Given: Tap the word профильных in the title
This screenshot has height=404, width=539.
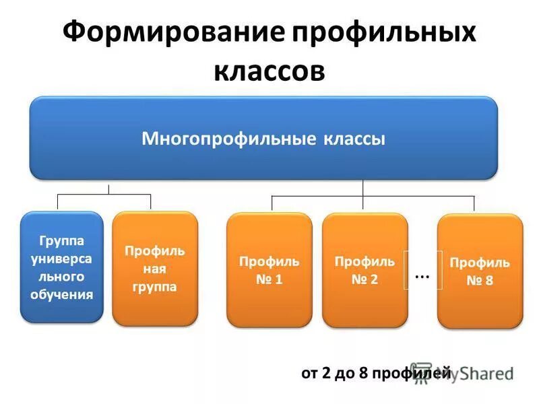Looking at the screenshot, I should pyautogui.click(x=383, y=34).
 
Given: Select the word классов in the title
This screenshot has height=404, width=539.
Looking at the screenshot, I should pyautogui.click(x=269, y=69).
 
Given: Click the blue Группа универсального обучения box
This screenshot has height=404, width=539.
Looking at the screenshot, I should pyautogui.click(x=61, y=267).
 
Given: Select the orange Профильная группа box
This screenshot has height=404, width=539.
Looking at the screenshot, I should pyautogui.click(x=155, y=269).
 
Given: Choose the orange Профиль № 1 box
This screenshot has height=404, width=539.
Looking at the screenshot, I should pyautogui.click(x=269, y=270).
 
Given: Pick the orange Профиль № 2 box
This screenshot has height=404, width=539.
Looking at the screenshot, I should pyautogui.click(x=364, y=270).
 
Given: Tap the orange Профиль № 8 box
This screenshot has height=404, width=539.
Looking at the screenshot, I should pyautogui.click(x=480, y=271).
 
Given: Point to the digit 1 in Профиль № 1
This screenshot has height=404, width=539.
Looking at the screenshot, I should pyautogui.click(x=278, y=279).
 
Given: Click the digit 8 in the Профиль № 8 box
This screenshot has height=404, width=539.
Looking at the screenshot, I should pyautogui.click(x=488, y=281).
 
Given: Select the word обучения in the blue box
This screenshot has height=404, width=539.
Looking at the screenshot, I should pyautogui.click(x=61, y=294).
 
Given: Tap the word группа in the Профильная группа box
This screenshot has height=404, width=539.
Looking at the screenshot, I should pyautogui.click(x=155, y=286).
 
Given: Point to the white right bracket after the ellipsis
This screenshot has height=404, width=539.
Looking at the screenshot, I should pyautogui.click(x=440, y=270).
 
